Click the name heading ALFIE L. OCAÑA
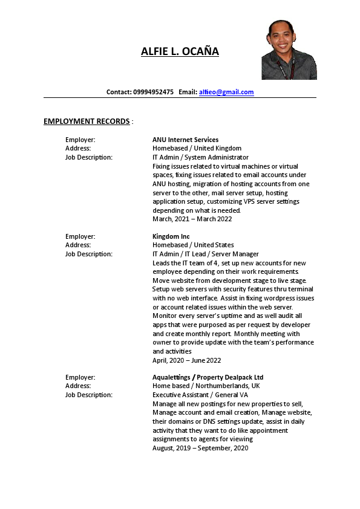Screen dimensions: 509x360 point(180,51)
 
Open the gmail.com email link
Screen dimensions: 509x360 point(226,92)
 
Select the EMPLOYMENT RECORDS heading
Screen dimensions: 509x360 point(87,122)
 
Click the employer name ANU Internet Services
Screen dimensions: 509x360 point(185,140)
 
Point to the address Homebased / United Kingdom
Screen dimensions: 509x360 point(197,148)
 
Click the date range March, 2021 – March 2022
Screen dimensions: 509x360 point(192,219)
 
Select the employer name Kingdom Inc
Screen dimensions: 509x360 point(171,236)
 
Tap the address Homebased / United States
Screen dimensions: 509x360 point(193,245)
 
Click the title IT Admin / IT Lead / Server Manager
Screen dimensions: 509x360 point(205,254)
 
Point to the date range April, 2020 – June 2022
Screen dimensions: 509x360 point(186,360)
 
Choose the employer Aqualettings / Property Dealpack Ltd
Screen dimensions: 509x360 point(208,377)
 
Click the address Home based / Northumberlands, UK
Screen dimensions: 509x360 point(206,386)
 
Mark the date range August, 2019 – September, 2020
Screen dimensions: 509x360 point(200,448)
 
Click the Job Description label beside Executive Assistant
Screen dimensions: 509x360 point(88,395)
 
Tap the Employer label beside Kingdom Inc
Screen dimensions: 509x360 point(80,236)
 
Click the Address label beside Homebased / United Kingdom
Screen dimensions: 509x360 point(78,148)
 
